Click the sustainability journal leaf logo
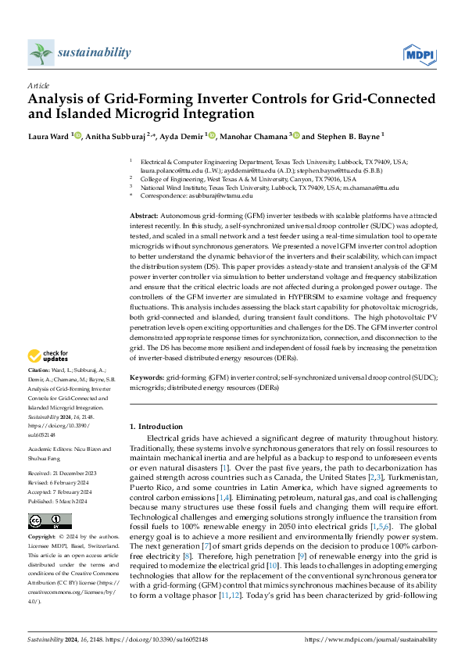point(39,53)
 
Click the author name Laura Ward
point(48,135)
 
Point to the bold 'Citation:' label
point(39,370)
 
